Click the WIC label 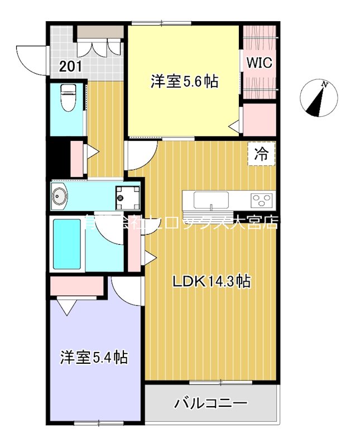[x=260, y=63]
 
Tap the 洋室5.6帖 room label [x=184, y=82]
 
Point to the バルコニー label [x=210, y=403]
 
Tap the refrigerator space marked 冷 [x=262, y=153]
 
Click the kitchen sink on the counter [x=210, y=199]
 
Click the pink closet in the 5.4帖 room [x=76, y=287]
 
